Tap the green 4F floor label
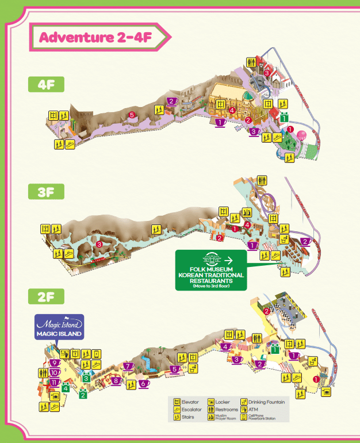pyautogui.click(x=45, y=85)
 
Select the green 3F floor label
pyautogui.click(x=45, y=192)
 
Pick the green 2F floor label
pyautogui.click(x=45, y=298)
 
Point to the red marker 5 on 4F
pyautogui.click(x=132, y=116)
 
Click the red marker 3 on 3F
pyautogui.click(x=99, y=245)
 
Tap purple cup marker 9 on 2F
pyautogui.click(x=54, y=363)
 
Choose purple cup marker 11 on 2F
pyautogui.click(x=54, y=383)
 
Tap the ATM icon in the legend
pyautogui.click(x=244, y=409)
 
